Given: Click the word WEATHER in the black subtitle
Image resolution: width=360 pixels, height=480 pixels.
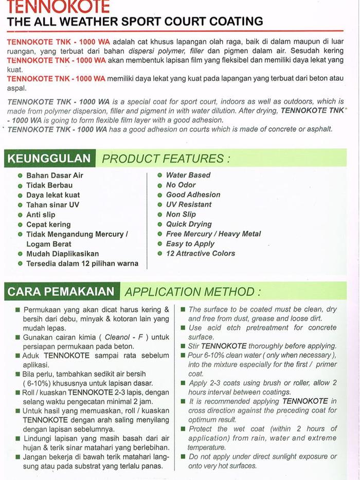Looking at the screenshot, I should (113, 22).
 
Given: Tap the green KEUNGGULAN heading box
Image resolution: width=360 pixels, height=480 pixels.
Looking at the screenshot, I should (49, 158).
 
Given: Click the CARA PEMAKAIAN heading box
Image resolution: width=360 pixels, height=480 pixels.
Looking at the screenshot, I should (61, 292).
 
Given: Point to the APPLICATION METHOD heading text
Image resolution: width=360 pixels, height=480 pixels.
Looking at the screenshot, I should (192, 292).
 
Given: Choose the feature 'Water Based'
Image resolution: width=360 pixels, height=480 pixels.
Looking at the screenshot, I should (188, 175).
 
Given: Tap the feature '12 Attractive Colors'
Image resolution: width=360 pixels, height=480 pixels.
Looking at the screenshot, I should (200, 253).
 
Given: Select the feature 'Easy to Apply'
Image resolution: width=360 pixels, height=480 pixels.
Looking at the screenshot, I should (190, 243).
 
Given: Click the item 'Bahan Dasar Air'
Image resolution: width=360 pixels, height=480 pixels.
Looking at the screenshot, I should (55, 175).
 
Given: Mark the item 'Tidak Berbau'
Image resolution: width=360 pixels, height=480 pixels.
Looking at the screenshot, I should (49, 185).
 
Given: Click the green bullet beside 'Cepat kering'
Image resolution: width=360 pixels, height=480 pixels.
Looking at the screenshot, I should (20, 225).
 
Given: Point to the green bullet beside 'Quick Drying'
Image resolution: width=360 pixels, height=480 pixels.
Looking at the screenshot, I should (160, 224).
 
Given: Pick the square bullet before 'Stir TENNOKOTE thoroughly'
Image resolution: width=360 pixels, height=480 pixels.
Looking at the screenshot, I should (183, 346).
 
